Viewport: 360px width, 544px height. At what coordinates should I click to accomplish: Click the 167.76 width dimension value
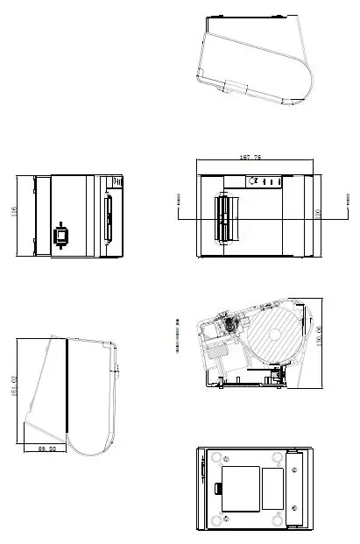[251, 157]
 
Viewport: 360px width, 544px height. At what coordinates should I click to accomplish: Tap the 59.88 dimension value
[46, 449]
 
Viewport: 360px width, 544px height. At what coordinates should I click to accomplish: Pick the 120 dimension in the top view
[317, 213]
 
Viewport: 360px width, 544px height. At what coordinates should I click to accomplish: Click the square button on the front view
[61, 235]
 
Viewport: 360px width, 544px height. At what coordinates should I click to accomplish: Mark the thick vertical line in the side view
[67, 385]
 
